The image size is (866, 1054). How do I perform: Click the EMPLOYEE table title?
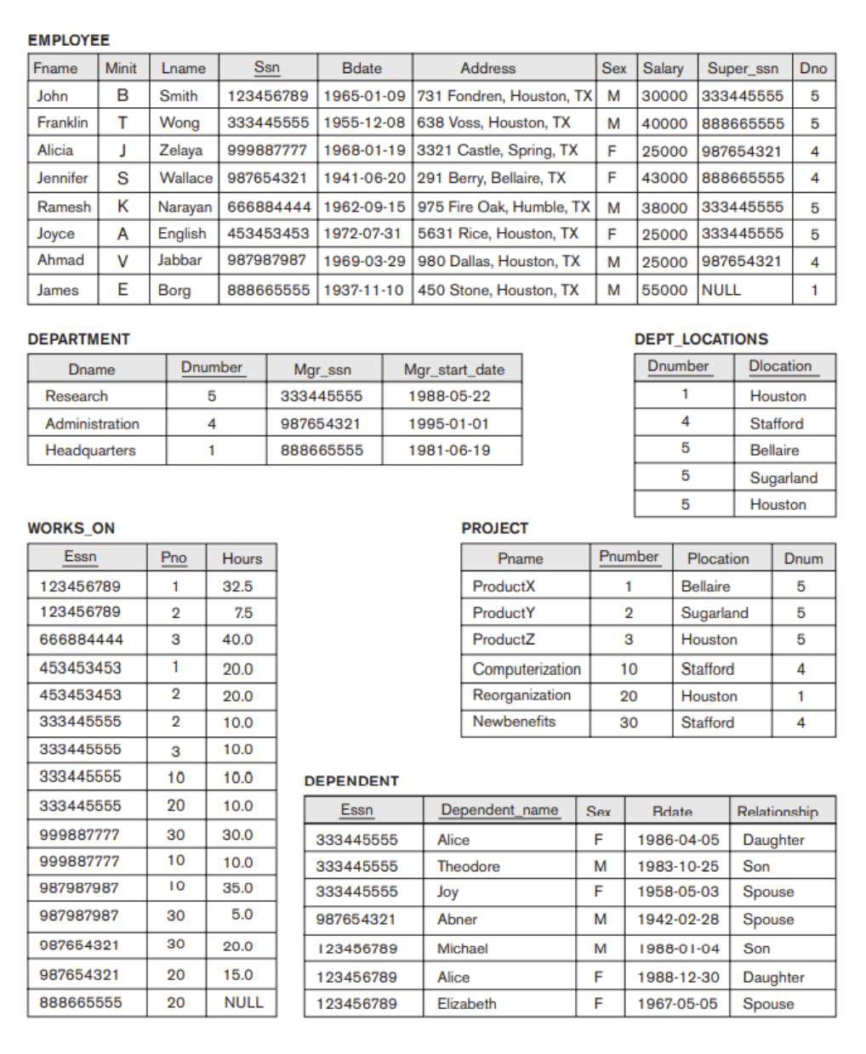69,40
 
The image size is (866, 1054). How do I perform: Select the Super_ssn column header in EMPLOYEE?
743,68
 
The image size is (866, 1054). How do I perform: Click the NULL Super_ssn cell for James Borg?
721,290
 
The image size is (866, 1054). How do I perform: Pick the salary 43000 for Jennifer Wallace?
664,178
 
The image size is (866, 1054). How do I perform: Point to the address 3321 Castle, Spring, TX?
497,150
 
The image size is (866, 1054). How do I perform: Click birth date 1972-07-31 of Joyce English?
362,233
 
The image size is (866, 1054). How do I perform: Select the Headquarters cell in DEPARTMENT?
90,450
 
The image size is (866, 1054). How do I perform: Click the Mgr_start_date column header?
453,369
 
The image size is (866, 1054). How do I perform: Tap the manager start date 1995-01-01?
448,423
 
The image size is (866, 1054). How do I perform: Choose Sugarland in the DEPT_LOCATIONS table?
783,478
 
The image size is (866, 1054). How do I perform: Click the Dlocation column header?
780,366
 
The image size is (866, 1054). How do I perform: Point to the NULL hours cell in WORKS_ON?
243,1003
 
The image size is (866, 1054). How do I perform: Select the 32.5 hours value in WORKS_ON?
237,586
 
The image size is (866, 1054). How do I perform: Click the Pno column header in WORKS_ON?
174,558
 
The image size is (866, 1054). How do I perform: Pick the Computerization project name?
526,669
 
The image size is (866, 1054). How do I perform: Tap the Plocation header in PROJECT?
718,558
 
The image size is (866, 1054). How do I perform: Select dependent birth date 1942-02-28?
677,920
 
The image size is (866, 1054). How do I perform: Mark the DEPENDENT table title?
351,781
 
